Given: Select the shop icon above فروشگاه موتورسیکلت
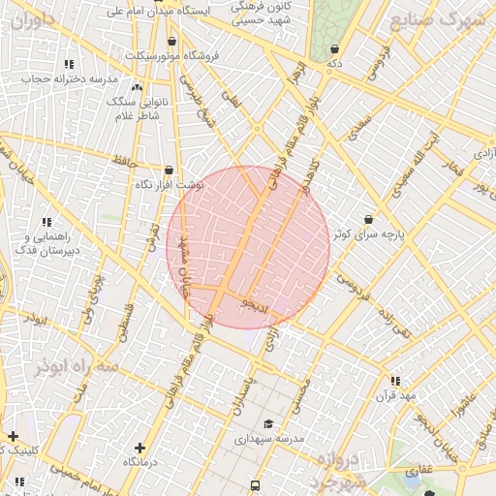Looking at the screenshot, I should [172, 42].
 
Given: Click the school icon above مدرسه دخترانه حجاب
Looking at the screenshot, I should [68, 64].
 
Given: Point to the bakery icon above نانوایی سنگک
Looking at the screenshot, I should [137, 87].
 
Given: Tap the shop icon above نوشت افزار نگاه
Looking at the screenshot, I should [169, 170].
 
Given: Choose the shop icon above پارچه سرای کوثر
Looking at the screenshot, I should [368, 220].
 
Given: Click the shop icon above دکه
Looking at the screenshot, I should [334, 49].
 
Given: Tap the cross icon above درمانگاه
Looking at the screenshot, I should [140, 448].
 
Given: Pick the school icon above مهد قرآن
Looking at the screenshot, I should [394, 381].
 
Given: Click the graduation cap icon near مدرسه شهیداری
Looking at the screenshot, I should [268, 423].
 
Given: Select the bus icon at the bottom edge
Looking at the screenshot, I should [255, 485].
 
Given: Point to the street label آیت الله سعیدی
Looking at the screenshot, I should [428, 156].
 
